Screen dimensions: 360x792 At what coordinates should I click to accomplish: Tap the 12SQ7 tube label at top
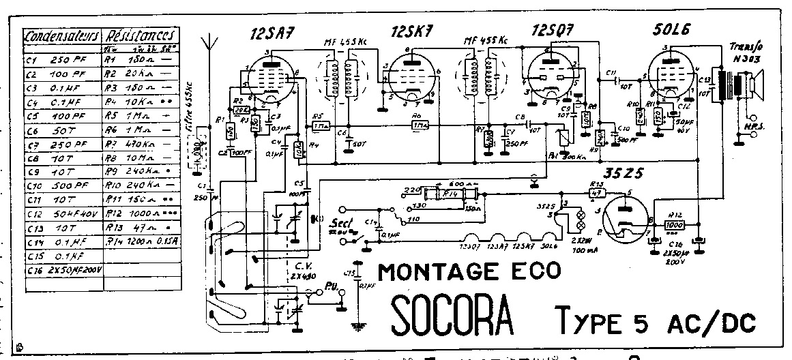coord(553,31)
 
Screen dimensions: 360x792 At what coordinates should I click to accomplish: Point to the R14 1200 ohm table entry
coord(144,241)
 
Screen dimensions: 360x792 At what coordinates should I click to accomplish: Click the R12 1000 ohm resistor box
coord(675,224)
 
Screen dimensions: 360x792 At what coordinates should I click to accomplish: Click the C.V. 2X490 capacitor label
coord(298,271)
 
